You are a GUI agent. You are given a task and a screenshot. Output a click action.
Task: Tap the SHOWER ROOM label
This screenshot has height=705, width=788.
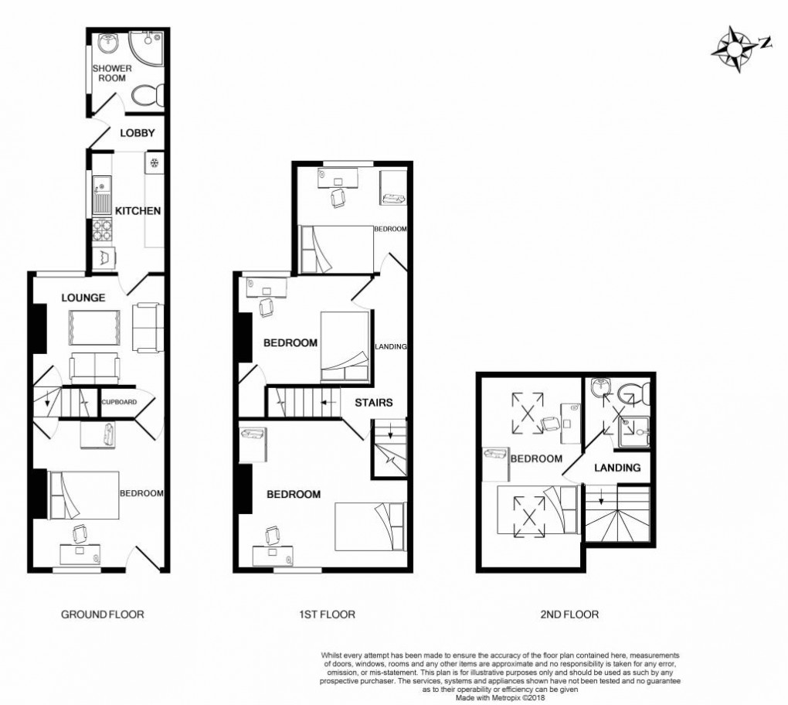[112, 73]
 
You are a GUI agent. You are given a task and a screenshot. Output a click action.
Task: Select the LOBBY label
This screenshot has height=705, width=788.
[138, 133]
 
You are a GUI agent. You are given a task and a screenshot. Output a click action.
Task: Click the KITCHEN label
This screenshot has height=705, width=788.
[138, 211]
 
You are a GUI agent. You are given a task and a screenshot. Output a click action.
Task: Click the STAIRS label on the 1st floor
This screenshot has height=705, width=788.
[374, 403]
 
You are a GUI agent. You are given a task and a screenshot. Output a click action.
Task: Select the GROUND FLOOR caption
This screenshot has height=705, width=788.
[103, 615]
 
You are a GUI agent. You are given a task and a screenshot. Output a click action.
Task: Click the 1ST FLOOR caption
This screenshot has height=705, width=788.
[327, 615]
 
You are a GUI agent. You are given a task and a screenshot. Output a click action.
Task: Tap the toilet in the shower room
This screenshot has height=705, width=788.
[147, 95]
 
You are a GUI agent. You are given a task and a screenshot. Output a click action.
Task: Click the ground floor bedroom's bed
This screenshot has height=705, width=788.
[84, 495]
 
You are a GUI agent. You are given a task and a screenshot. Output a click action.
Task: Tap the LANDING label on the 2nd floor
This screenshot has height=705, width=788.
[616, 468]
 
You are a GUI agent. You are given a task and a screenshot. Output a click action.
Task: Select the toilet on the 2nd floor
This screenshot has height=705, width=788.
[635, 392]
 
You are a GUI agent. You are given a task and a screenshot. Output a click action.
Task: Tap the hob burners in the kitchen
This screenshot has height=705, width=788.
[101, 230]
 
